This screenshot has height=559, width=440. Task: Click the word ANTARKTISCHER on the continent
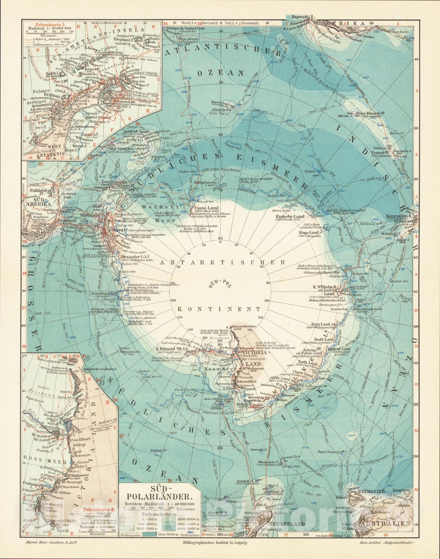coord(220,262)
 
